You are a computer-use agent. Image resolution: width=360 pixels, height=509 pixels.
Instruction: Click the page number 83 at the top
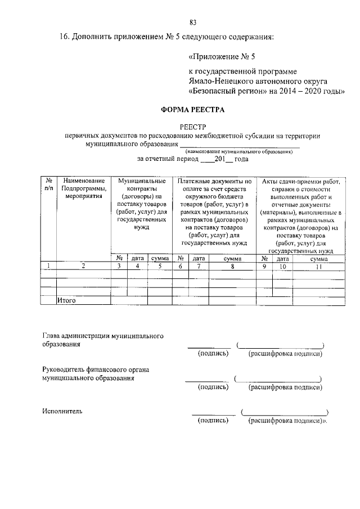tap(193, 22)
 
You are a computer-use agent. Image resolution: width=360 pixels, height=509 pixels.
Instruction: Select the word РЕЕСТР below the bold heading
tap(193, 127)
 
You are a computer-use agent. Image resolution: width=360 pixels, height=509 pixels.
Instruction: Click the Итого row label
tap(67, 301)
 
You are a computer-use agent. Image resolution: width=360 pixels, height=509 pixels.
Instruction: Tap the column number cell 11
tap(319, 267)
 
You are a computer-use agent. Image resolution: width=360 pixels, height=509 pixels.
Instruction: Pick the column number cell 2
tap(83, 267)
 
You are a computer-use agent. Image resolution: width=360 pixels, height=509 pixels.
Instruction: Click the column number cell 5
tap(160, 267)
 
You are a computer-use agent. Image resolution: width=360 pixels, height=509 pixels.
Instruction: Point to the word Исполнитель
tap(62, 411)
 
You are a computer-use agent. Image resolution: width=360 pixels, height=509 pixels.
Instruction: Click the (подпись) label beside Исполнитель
tap(213, 420)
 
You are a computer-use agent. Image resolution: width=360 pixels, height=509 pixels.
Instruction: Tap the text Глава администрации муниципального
tap(102, 335)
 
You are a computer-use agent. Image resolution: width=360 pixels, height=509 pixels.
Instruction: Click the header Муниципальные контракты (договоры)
tap(141, 190)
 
